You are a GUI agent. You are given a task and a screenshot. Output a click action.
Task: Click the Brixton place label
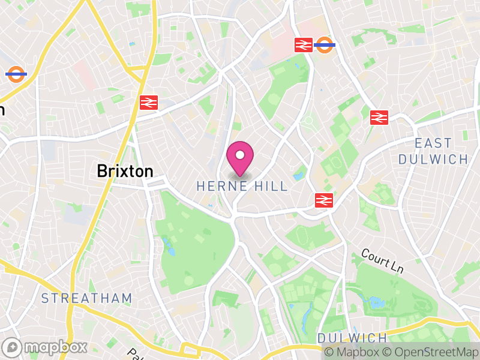coord(125,171)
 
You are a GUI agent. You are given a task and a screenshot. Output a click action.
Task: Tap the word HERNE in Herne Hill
coord(218,187)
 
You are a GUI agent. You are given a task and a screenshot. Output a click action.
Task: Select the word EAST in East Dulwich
coord(433,143)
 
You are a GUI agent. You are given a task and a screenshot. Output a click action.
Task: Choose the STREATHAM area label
coord(86,298)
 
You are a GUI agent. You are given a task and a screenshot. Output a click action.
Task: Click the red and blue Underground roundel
coord(16,74)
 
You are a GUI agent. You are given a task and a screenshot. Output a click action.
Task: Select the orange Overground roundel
coord(325,44)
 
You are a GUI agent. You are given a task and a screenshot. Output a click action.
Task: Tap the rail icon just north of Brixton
coord(148,102)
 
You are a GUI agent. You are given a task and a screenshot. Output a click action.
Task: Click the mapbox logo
coord(46,347)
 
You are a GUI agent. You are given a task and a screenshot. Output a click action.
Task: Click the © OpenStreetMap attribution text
coord(430,352)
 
